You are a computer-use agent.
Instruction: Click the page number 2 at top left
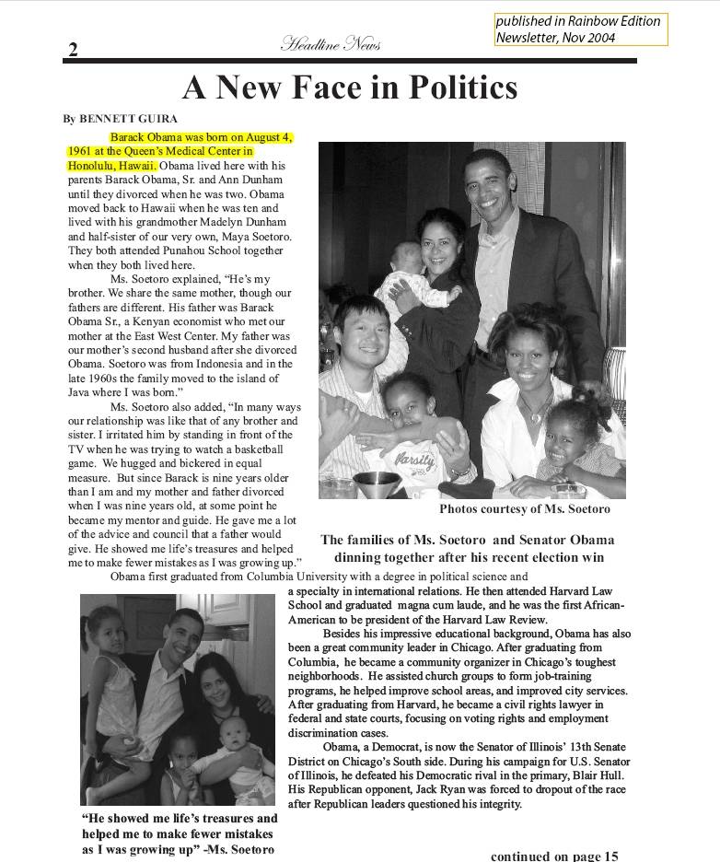pyautogui.click(x=73, y=50)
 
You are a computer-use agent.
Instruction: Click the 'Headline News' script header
pyautogui.click(x=331, y=43)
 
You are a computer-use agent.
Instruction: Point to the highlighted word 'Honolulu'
pyautogui.click(x=91, y=165)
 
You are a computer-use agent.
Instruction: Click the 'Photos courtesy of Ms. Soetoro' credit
pyautogui.click(x=525, y=508)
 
